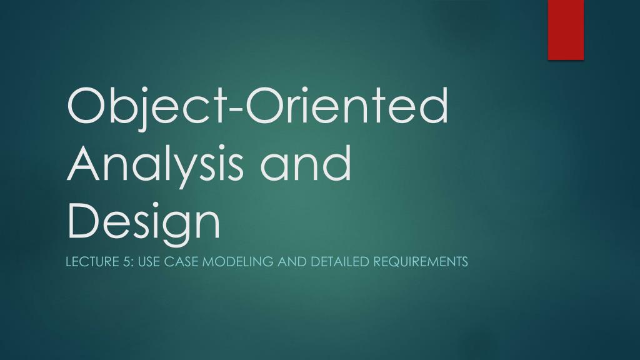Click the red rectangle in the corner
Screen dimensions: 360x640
(566, 29)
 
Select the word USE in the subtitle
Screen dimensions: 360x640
(149, 261)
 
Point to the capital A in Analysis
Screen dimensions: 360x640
(86, 163)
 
